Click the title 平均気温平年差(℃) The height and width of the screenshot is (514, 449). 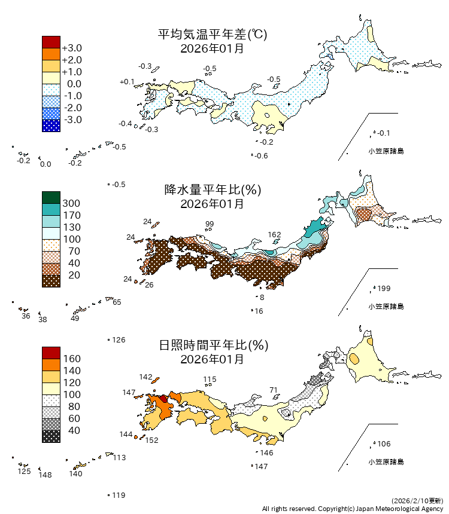pyautogui.click(x=212, y=35)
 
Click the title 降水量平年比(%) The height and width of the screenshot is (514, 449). pyautogui.click(x=212, y=190)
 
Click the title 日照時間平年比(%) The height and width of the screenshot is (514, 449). pyautogui.click(x=212, y=345)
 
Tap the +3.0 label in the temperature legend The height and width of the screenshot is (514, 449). pyautogui.click(x=72, y=48)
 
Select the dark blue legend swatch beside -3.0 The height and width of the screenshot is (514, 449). pyautogui.click(x=51, y=126)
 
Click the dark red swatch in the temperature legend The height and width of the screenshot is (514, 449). pyautogui.click(x=51, y=42)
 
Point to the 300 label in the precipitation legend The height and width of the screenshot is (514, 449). pyautogui.click(x=71, y=203)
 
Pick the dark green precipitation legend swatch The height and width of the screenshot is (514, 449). pyautogui.click(x=51, y=197)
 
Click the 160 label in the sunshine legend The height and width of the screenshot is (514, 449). pyautogui.click(x=71, y=359)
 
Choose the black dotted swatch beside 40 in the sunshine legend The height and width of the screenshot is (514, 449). pyautogui.click(x=51, y=436)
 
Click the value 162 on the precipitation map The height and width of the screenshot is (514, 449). pyautogui.click(x=274, y=234)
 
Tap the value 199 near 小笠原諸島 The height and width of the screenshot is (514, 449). pyautogui.click(x=384, y=289)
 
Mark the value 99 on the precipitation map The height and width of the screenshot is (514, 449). pyautogui.click(x=210, y=224)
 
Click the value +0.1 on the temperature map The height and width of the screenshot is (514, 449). pyautogui.click(x=127, y=81)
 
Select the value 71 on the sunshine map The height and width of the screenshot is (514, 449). pyautogui.click(x=274, y=390)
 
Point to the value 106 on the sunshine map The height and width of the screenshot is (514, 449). pyautogui.click(x=384, y=443)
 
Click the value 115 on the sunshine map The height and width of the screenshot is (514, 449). pyautogui.click(x=210, y=380)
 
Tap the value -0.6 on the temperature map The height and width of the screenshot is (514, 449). pyautogui.click(x=261, y=156)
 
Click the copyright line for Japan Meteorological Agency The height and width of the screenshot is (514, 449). pyautogui.click(x=353, y=509)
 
